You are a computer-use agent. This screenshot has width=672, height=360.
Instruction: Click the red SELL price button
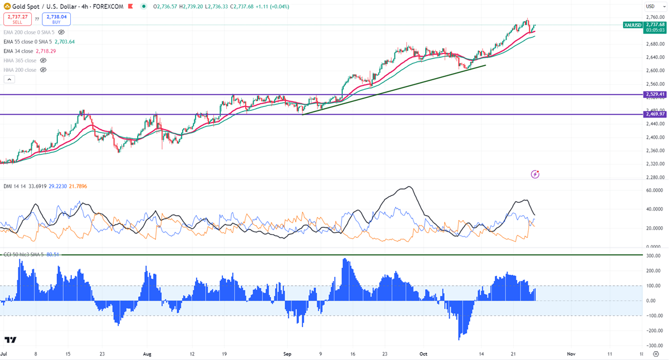[17, 19]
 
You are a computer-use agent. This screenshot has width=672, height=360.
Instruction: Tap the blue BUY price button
[56, 19]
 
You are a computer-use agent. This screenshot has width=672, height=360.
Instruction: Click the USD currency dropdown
[651, 6]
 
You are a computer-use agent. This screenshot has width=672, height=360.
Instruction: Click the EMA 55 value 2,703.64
[65, 42]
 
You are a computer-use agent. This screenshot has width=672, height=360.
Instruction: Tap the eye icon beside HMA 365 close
[43, 61]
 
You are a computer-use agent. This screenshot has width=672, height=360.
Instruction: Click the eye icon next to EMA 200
[61, 32]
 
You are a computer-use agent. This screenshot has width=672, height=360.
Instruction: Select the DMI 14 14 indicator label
[16, 186]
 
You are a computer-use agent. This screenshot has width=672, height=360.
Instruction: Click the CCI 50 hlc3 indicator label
[22, 254]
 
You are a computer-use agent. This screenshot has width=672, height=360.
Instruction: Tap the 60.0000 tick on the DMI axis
[654, 190]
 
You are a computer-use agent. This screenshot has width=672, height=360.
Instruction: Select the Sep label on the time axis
[288, 353]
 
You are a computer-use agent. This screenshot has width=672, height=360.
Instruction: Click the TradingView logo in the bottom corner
[10, 340]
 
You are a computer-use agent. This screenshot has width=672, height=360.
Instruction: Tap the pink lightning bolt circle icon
[535, 174]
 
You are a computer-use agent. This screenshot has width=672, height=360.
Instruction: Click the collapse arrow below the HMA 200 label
[9, 79]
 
